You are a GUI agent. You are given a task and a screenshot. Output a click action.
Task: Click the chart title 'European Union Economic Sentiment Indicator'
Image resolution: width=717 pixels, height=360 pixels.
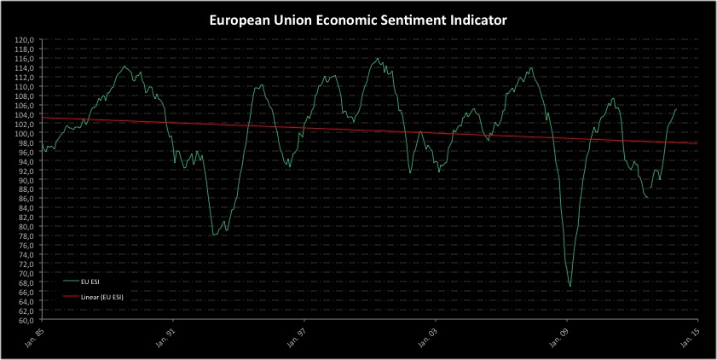pos(358,19)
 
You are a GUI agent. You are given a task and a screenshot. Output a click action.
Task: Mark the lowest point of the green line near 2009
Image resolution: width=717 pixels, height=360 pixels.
pos(570,286)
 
